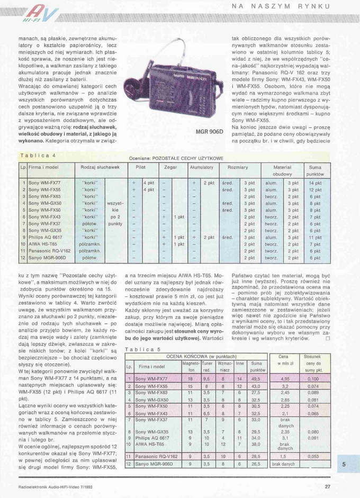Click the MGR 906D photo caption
tap(210, 131)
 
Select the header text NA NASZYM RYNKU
tap(288, 6)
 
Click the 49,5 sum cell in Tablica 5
tap(256, 379)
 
